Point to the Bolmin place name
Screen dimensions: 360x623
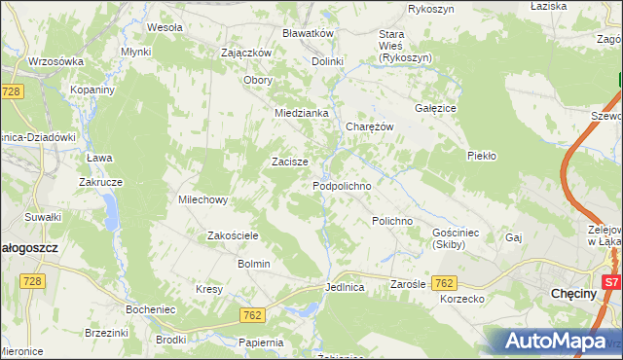[x=253, y=264]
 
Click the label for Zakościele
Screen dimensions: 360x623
[x=233, y=235]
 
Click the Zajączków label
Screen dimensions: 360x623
[x=245, y=53]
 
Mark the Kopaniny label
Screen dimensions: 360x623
[x=93, y=89]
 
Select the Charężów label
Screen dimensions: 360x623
[x=369, y=126]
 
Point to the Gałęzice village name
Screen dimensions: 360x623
[x=437, y=109]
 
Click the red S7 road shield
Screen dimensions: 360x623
[x=611, y=282]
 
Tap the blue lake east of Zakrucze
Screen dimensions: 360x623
[x=113, y=209]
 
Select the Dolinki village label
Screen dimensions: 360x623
[x=328, y=61]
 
